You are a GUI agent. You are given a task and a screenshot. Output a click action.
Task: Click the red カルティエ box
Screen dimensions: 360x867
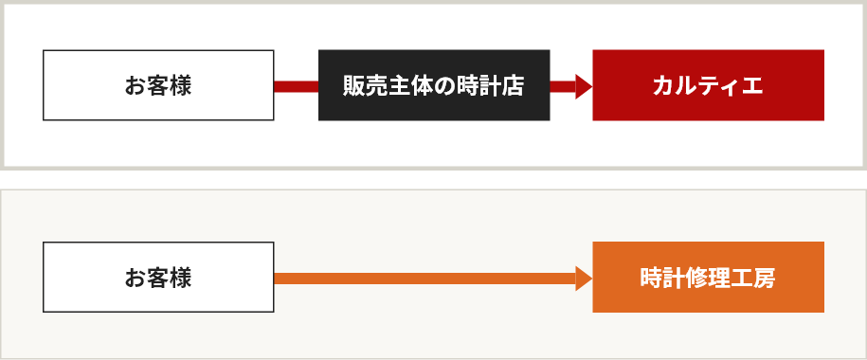pyautogui.click(x=708, y=85)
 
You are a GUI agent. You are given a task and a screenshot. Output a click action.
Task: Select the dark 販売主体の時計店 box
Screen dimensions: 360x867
pyautogui.click(x=434, y=85)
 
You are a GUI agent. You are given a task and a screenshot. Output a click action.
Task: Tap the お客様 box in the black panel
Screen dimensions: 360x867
pyautogui.click(x=158, y=85)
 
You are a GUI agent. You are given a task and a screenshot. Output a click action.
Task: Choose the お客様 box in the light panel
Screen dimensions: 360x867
pyautogui.click(x=158, y=278)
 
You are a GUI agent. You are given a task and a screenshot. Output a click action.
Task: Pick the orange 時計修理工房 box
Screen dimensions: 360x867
pyautogui.click(x=708, y=278)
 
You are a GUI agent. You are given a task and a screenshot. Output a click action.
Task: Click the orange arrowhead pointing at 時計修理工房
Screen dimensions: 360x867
pyautogui.click(x=584, y=278)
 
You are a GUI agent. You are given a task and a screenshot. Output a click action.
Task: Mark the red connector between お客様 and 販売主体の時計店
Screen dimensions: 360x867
pyautogui.click(x=296, y=86)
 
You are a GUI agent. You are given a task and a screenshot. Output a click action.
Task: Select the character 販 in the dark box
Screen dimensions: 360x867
pyautogui.click(x=354, y=86)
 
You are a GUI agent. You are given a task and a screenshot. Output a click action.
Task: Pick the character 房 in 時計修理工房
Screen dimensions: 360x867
pyautogui.click(x=765, y=279)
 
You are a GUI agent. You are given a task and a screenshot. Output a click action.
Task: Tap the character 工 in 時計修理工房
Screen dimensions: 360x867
pyautogui.click(x=742, y=279)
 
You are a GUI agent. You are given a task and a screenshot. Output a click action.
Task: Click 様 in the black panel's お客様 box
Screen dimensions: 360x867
pyautogui.click(x=181, y=86)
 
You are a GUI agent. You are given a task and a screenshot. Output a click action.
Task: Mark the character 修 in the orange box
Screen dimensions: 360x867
pyautogui.click(x=696, y=279)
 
